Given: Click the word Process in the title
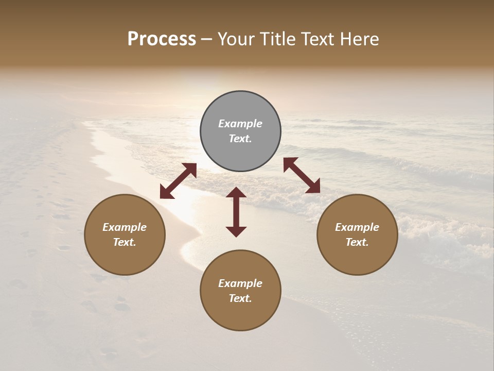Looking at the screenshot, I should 162,39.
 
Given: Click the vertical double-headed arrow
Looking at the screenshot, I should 236,212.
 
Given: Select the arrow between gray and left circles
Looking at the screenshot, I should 178,181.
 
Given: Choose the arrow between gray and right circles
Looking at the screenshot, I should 302,175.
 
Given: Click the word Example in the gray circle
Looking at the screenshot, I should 240,124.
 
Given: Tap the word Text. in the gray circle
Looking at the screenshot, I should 240,139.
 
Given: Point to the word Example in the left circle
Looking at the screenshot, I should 125,227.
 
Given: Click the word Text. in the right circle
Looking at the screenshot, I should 357,242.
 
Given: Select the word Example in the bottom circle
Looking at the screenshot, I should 240,283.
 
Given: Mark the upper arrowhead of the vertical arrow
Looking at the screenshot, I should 236,193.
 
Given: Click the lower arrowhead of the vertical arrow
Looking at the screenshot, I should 236,231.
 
